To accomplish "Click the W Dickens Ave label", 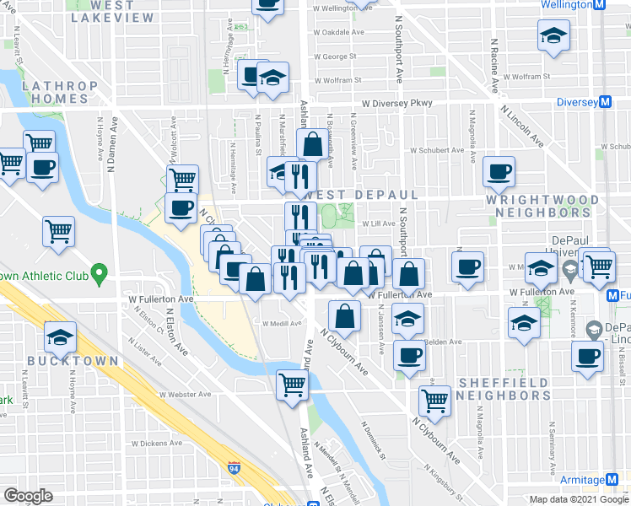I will pyautogui.click(x=156, y=443).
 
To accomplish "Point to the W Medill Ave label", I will pyautogui.click(x=282, y=323).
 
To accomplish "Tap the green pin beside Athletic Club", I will pyautogui.click(x=99, y=273).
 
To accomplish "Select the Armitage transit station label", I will pyautogui.click(x=581, y=480).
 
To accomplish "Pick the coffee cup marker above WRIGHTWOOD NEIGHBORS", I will pyautogui.click(x=499, y=172).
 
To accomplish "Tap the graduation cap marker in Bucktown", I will pyautogui.click(x=61, y=338).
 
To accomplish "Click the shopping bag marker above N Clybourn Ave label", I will pyautogui.click(x=344, y=317).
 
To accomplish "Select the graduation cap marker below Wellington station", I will pyautogui.click(x=553, y=37).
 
